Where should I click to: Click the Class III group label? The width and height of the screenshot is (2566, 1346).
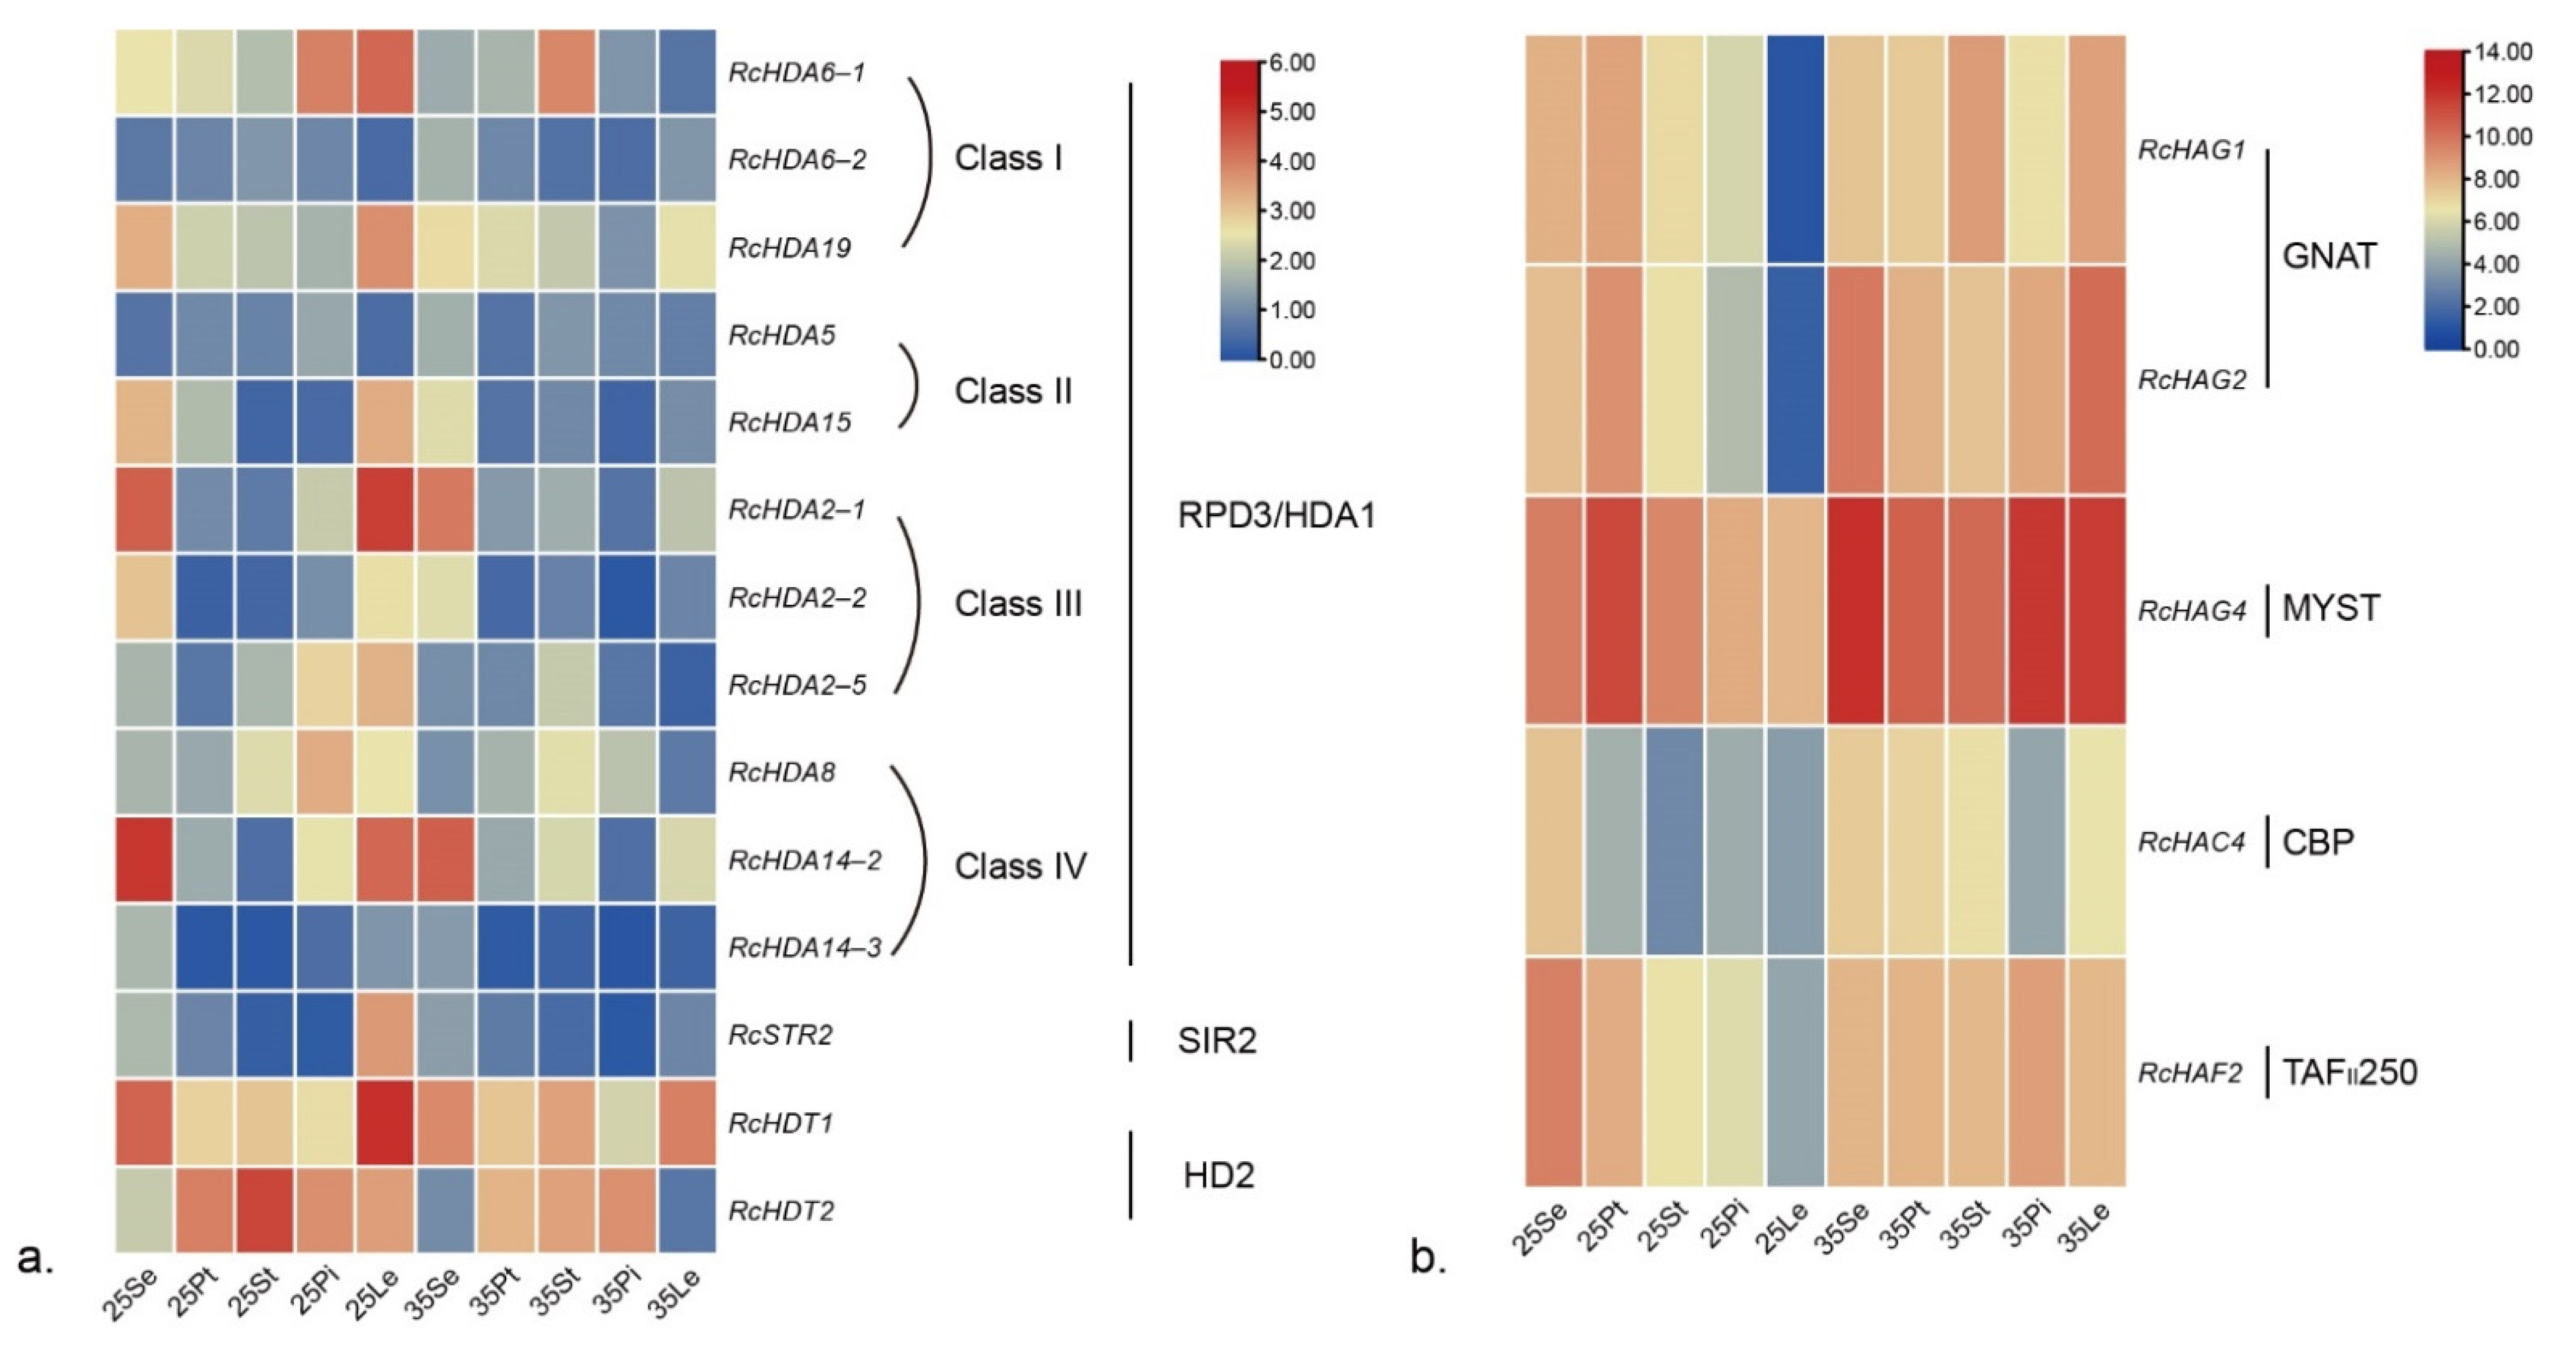[1017, 604]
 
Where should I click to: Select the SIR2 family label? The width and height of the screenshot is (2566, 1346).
[1216, 1041]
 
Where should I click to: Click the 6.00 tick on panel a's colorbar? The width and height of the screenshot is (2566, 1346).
[1292, 63]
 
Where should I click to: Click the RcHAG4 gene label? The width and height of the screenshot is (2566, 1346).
[2191, 611]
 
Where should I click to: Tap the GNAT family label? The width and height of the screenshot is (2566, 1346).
[2328, 257]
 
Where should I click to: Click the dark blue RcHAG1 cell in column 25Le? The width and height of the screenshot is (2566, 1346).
[1795, 149]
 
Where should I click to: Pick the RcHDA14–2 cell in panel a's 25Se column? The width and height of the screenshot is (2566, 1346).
[145, 859]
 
